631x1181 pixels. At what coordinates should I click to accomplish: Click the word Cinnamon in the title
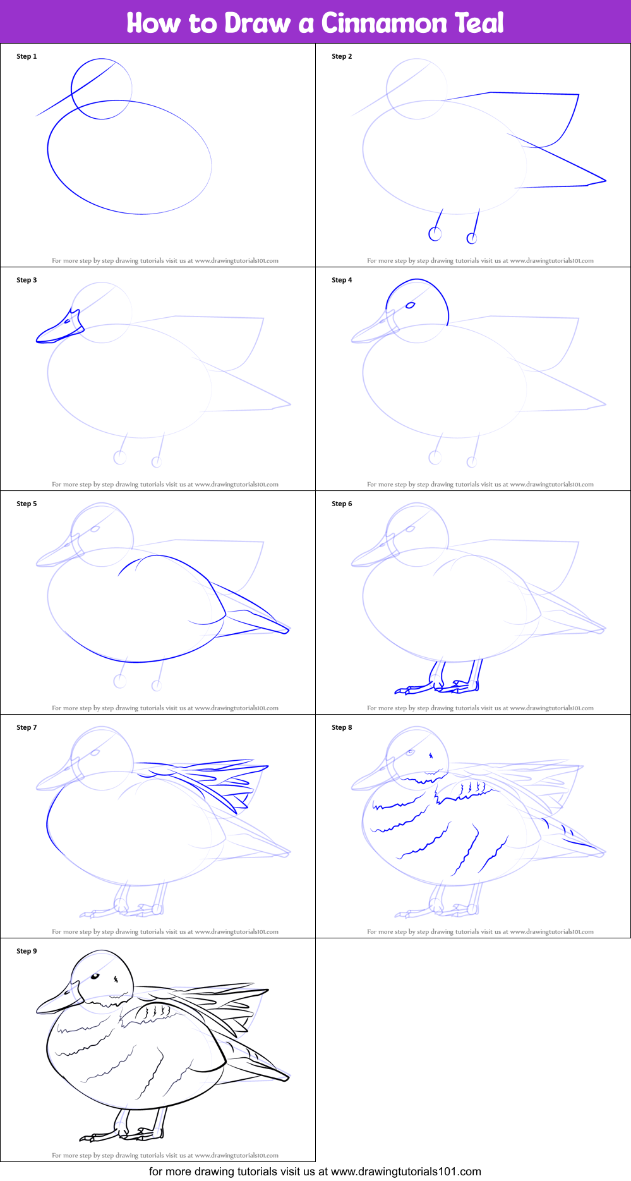(x=384, y=23)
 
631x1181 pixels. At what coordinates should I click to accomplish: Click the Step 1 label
(x=27, y=56)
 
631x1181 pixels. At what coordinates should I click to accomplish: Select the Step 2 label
(x=342, y=56)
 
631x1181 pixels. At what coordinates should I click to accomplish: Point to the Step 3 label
(x=27, y=280)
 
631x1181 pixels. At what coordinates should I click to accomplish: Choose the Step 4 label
(x=342, y=280)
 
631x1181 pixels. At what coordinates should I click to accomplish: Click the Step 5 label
(x=27, y=504)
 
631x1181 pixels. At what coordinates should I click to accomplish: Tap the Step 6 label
(x=342, y=504)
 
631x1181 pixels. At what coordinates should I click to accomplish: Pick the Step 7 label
(x=27, y=727)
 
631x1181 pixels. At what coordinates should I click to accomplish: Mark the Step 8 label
(x=342, y=727)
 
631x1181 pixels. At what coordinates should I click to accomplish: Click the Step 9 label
(x=27, y=951)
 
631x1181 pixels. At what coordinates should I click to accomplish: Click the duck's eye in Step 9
(x=95, y=976)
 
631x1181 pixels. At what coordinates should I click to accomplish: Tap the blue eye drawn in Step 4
(x=411, y=305)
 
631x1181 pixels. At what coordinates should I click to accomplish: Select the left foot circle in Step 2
(x=435, y=234)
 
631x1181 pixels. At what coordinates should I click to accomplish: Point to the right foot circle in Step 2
(x=471, y=238)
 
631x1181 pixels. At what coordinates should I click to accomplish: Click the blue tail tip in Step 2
(x=604, y=181)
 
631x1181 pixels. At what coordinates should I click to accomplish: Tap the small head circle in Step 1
(x=101, y=88)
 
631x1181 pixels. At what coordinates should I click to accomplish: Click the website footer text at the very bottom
(x=315, y=1172)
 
